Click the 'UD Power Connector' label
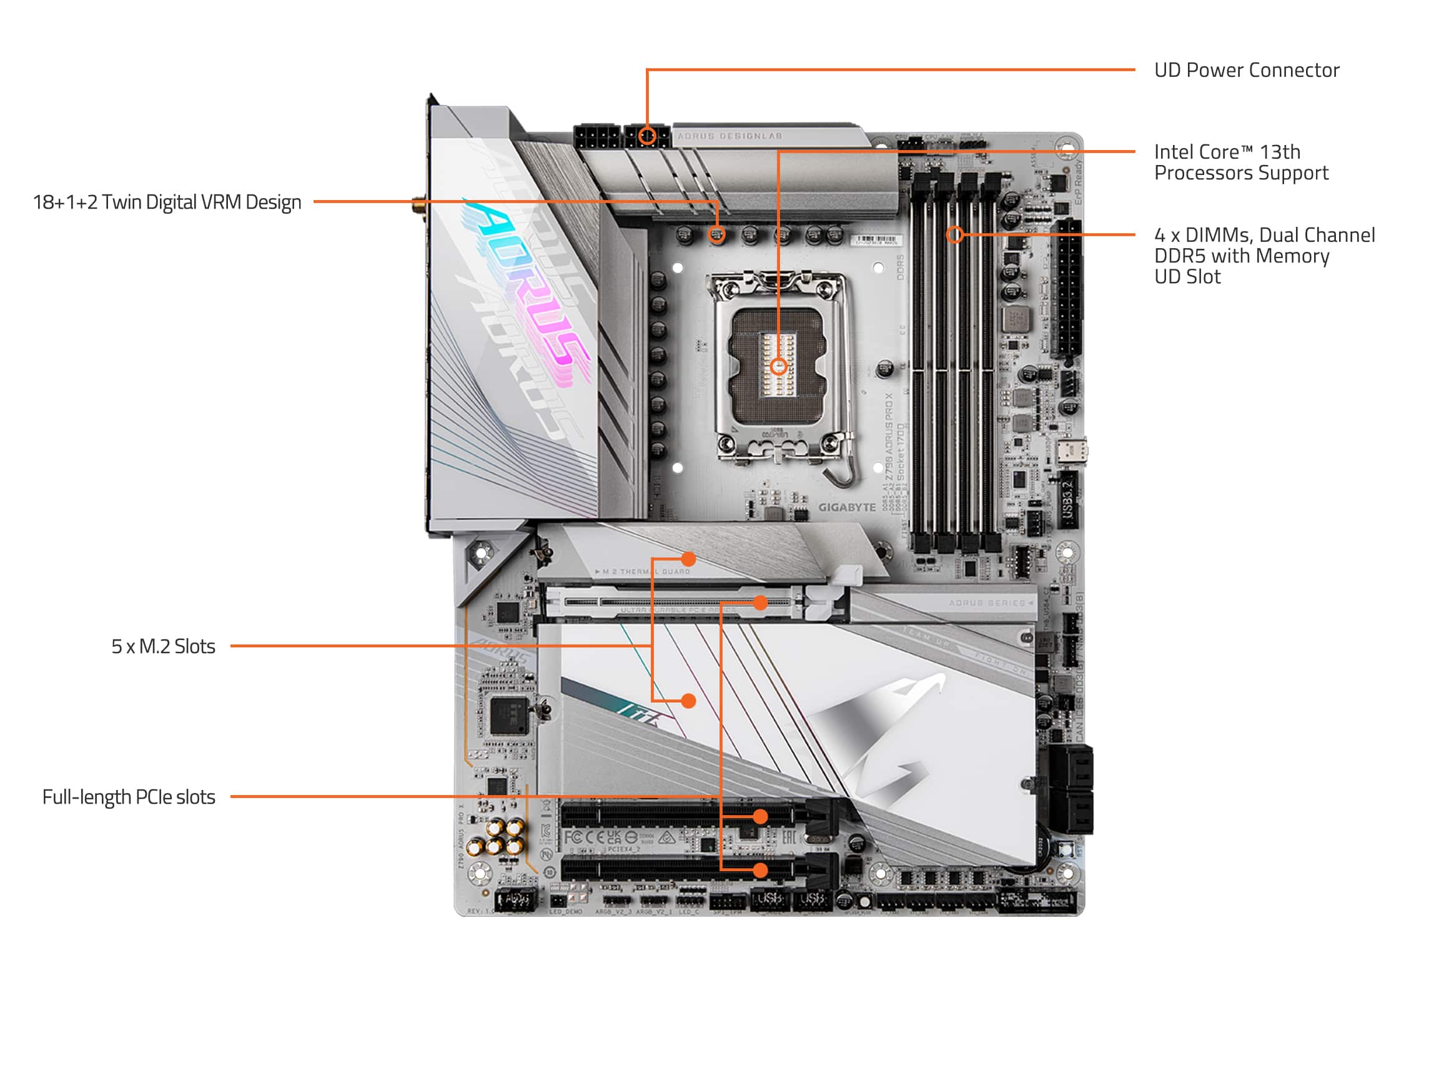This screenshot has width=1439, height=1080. pyautogui.click(x=1246, y=70)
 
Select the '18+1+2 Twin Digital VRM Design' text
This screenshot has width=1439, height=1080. pyautogui.click(x=167, y=202)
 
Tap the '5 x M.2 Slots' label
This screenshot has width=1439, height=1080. pyautogui.click(x=162, y=646)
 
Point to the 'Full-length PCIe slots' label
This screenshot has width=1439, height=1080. pyautogui.click(x=128, y=797)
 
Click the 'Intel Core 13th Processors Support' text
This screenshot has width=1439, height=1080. pyautogui.click(x=1240, y=162)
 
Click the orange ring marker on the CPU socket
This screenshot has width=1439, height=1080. pyautogui.click(x=779, y=367)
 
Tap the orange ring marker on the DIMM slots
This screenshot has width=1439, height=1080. pyautogui.click(x=954, y=234)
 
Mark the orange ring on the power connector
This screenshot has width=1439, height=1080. pyautogui.click(x=646, y=136)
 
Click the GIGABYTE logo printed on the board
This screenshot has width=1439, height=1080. pyautogui.click(x=846, y=507)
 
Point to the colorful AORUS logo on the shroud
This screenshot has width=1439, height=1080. pyautogui.click(x=527, y=286)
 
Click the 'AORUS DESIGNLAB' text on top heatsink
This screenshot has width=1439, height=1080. pyautogui.click(x=729, y=136)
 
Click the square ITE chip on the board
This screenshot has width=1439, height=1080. pyautogui.click(x=507, y=715)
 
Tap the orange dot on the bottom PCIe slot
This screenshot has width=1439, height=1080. pyautogui.click(x=760, y=870)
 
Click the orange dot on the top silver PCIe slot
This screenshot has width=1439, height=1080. pyautogui.click(x=760, y=603)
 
